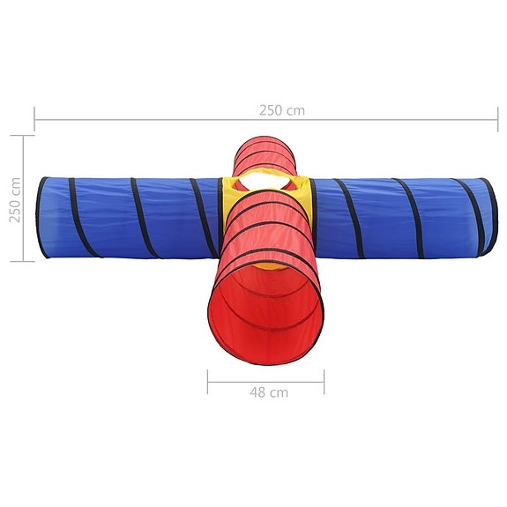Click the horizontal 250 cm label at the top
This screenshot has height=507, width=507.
(281, 110)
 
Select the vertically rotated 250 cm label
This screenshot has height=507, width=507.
(15, 199)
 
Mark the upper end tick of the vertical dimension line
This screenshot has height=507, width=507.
(23, 136)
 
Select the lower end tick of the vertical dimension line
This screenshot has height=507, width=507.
(23, 261)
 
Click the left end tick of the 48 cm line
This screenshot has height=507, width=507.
(208, 381)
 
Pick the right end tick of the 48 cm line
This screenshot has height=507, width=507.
(324, 381)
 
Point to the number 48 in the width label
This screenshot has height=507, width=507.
(257, 392)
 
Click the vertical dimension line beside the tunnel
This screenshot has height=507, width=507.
(23, 198)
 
